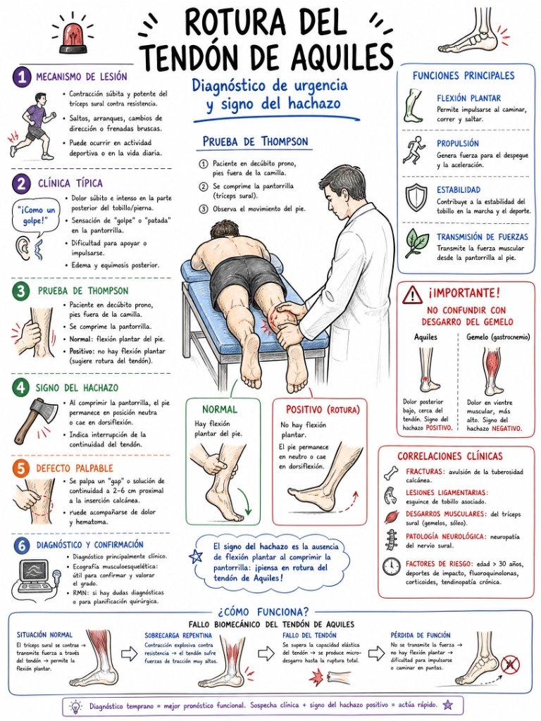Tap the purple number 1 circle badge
pos(21,76)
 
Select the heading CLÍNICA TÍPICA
pos(70,184)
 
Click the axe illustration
pos(32,420)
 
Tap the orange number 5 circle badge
pos(21,468)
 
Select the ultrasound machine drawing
pos(37,576)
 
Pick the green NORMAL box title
pos(220,409)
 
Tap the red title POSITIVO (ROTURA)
pos(323,409)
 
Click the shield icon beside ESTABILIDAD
pos(417,198)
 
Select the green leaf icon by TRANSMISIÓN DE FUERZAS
pos(417,242)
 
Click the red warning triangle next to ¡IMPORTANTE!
pos(413,294)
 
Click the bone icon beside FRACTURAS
pos(392,472)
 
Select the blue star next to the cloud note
pos(197,557)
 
